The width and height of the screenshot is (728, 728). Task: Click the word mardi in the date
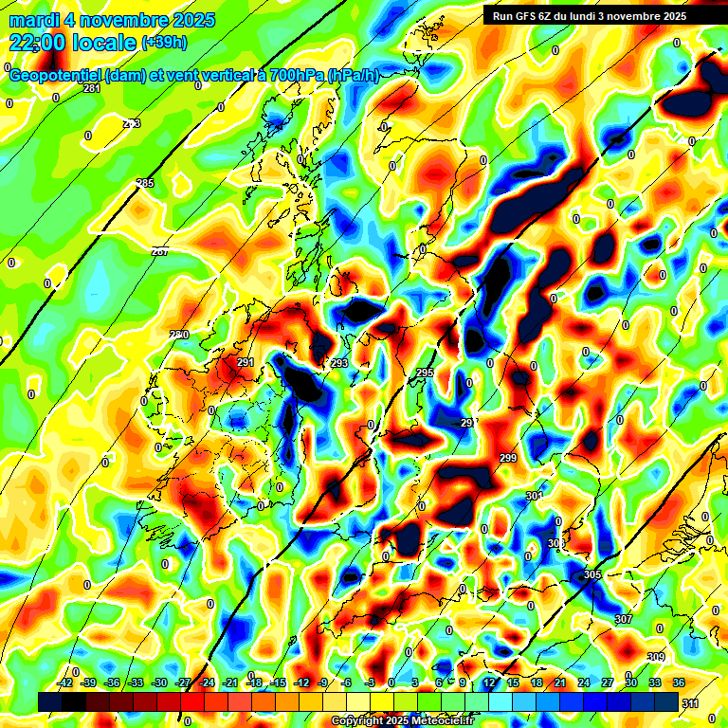pyautogui.click(x=33, y=20)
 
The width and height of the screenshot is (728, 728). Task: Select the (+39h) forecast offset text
pyautogui.click(x=163, y=43)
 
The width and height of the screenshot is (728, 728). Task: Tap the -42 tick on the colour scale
pyautogui.click(x=65, y=683)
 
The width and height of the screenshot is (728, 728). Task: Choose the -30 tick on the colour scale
pyautogui.click(x=159, y=683)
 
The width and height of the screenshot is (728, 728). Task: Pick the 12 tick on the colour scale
pyautogui.click(x=489, y=683)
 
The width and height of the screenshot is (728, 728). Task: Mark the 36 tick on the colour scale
pyautogui.click(x=679, y=683)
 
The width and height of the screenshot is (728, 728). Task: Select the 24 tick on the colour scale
pyautogui.click(x=584, y=683)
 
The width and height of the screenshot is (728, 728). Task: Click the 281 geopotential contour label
pyautogui.click(x=92, y=88)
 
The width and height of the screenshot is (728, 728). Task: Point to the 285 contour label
pyautogui.click(x=145, y=183)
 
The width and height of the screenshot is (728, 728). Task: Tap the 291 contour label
pyautogui.click(x=246, y=363)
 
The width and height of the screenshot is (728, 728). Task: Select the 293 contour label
pyautogui.click(x=339, y=363)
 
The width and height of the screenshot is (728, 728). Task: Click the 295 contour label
pyautogui.click(x=426, y=373)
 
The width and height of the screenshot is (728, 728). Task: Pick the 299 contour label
pyautogui.click(x=508, y=459)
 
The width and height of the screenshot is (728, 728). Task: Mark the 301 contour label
pyautogui.click(x=533, y=496)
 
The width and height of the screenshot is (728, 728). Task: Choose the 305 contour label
pyautogui.click(x=592, y=575)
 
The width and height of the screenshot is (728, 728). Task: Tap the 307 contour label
pyautogui.click(x=623, y=619)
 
